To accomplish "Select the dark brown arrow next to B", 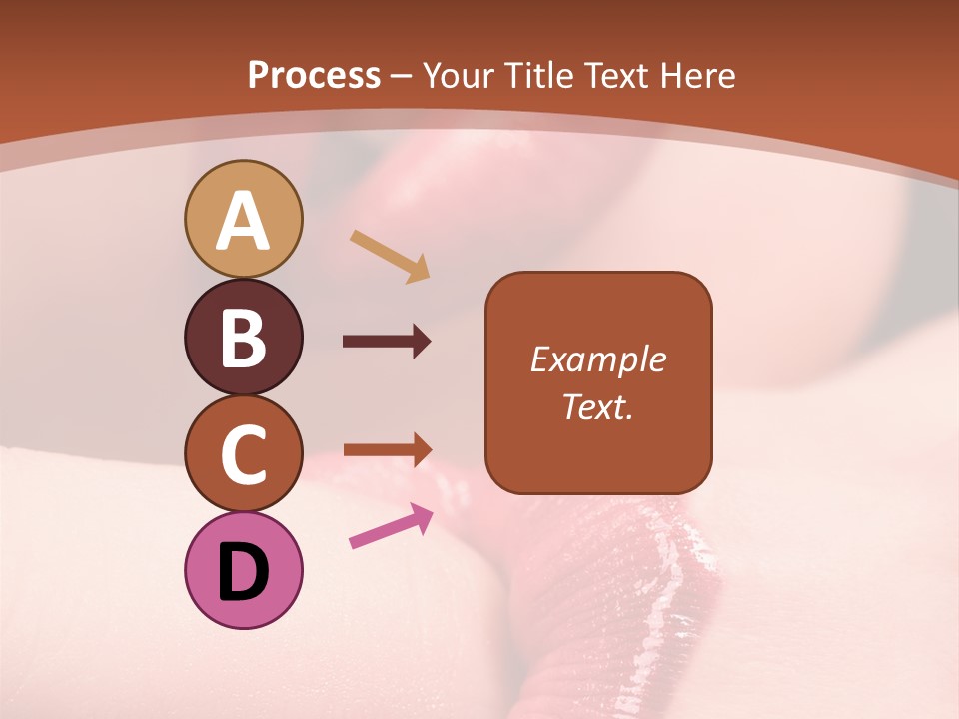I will tap(387, 342).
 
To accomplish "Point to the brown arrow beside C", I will tap(387, 449).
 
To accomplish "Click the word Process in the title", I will tap(314, 75).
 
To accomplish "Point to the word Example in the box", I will tap(597, 359).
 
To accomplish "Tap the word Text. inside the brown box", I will tap(597, 407).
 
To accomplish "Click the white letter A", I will tap(243, 222).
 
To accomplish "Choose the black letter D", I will tap(243, 572).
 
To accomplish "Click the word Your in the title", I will tap(459, 75).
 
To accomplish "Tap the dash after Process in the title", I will tap(401, 76).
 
